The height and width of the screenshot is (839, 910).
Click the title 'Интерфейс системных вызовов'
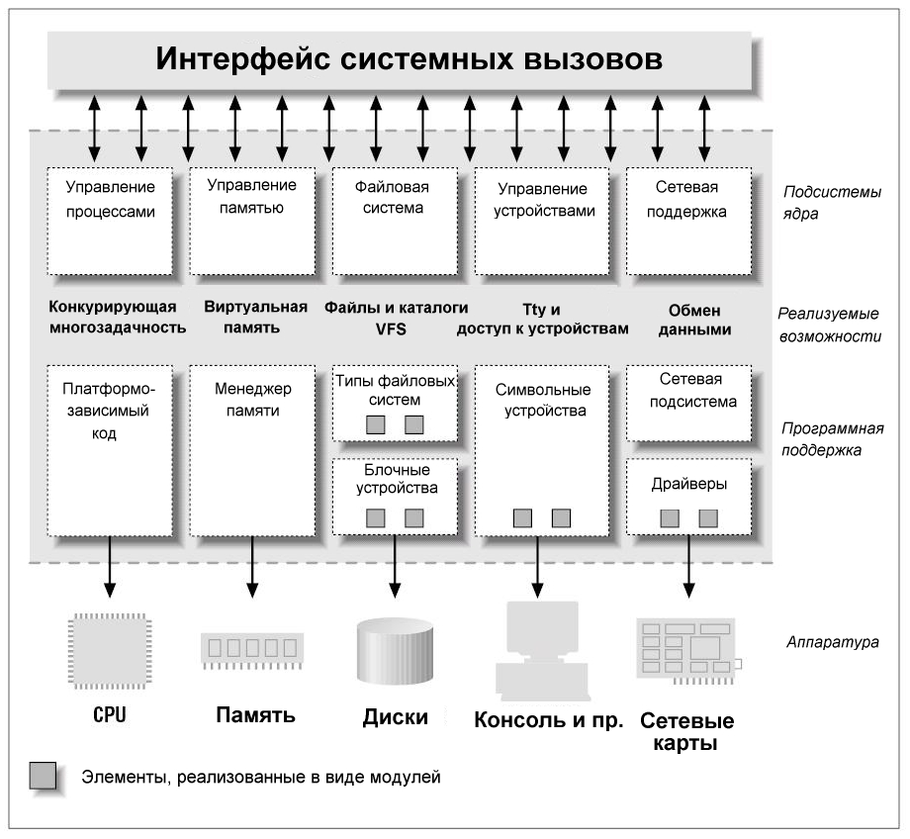(x=409, y=58)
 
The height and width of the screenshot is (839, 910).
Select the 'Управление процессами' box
(x=110, y=222)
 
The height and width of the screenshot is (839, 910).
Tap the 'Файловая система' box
(x=395, y=222)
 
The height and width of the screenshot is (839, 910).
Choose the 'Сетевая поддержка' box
(x=688, y=222)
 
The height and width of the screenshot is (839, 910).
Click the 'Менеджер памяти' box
(x=252, y=450)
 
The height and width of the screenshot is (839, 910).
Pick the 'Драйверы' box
(x=688, y=497)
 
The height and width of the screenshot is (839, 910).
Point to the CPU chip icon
(x=110, y=650)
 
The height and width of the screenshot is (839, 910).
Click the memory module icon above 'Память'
(x=252, y=650)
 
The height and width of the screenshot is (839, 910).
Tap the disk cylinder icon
(x=395, y=650)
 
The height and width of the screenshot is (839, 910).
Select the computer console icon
(x=542, y=650)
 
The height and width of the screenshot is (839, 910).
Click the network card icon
(x=688, y=650)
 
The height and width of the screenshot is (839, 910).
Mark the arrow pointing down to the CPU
(x=110, y=567)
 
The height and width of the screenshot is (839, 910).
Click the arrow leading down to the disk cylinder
(x=395, y=567)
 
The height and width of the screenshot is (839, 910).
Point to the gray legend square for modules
(x=43, y=776)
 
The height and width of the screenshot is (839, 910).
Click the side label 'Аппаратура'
(x=832, y=642)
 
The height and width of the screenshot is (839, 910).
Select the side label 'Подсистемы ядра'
(x=832, y=203)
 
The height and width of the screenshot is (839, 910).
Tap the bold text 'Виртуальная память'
(x=255, y=317)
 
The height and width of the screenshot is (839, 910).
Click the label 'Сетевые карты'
(x=686, y=731)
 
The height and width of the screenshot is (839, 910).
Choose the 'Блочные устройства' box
(x=395, y=497)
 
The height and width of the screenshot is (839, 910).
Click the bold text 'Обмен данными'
(x=694, y=320)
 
